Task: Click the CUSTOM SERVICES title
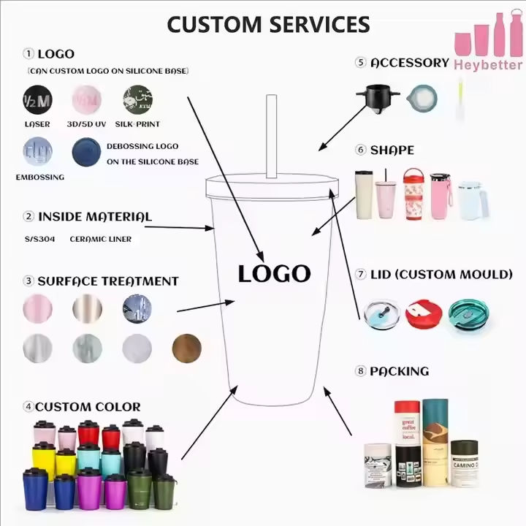click(268, 23)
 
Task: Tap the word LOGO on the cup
click(274, 274)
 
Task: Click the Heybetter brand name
click(488, 65)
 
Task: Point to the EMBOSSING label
click(40, 177)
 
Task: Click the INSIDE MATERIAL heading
click(94, 216)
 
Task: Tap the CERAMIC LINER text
click(101, 239)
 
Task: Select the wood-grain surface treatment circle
click(186, 348)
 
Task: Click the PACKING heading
click(399, 371)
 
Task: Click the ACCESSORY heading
click(409, 63)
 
